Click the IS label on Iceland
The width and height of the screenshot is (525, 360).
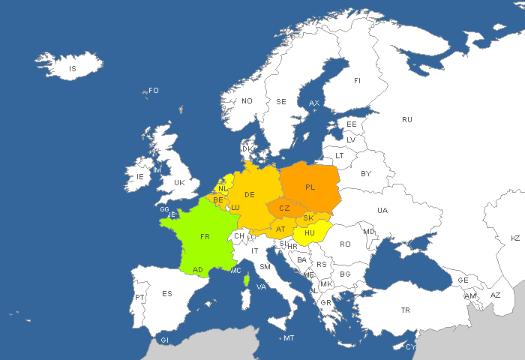pos(73,69)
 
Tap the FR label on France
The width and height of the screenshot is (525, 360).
pos(205,236)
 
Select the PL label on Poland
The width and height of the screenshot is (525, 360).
pos(310,187)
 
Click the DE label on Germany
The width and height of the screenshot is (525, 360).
pos(250,195)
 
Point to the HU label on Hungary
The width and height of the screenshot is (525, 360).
pos(310,233)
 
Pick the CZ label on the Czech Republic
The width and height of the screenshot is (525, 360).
pos(284,208)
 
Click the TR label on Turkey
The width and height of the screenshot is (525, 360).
pos(406,310)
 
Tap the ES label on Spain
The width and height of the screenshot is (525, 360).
pos(167,293)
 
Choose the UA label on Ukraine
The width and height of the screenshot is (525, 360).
pos(382,211)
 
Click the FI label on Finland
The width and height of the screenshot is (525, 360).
pos(357,80)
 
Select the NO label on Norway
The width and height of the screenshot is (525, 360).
pos(247,101)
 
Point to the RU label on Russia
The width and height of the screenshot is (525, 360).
pos(407,119)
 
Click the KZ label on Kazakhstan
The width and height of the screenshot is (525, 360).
pos(515,238)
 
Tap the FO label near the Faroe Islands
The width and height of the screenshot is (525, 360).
pos(154,91)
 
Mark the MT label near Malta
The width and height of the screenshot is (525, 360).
pos(289,338)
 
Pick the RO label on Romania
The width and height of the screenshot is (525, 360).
pos(345,244)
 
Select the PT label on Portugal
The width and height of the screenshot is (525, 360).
pos(139,298)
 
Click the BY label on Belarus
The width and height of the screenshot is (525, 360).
pos(366,173)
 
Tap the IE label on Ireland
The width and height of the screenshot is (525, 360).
pos(139,177)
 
